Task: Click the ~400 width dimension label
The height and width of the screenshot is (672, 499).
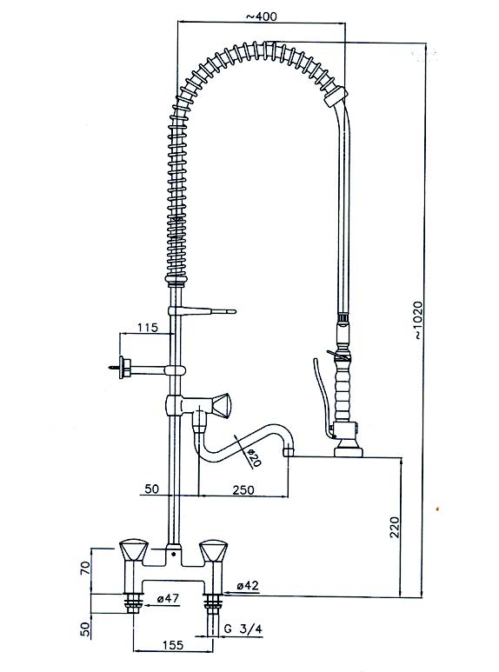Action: point(261,17)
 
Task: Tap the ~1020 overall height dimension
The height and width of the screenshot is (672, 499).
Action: point(418,321)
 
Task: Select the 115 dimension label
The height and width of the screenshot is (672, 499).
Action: point(148,328)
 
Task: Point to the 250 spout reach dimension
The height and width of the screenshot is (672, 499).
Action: point(243,489)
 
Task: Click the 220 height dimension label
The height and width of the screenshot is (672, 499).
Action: point(395,527)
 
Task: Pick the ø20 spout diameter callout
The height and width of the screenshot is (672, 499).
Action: point(253,458)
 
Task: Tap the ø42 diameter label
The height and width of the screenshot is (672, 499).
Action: point(248,585)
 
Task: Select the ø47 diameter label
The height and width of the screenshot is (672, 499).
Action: point(167,599)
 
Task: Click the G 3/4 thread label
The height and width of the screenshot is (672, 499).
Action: point(243,629)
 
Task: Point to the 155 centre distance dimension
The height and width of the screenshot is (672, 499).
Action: point(172,644)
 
